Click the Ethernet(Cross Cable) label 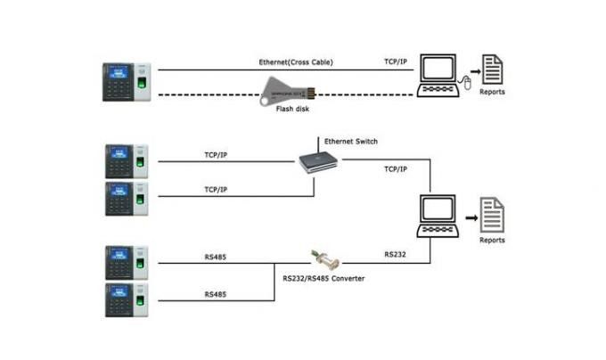pyautogui.click(x=298, y=63)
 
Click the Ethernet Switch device pyautogui.click(x=320, y=160)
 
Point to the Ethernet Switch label pyautogui.click(x=351, y=141)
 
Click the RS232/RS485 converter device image pyautogui.click(x=327, y=261)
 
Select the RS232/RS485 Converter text pyautogui.click(x=323, y=279)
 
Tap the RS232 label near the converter pyautogui.click(x=396, y=254)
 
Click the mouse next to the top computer pyautogui.click(x=463, y=84)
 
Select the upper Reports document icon pyautogui.click(x=492, y=69)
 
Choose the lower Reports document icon pyautogui.click(x=492, y=214)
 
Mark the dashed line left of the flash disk pyautogui.click(x=205, y=94)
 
